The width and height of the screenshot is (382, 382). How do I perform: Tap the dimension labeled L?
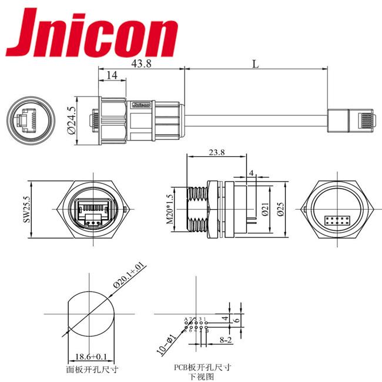[x=256, y=64]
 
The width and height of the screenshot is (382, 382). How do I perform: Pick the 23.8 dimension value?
[x=216, y=152]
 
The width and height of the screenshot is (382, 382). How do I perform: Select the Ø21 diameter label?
[x=266, y=210]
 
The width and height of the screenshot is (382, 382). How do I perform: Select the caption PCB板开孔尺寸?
[x=202, y=367]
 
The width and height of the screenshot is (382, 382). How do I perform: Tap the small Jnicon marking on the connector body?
[x=143, y=105]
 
